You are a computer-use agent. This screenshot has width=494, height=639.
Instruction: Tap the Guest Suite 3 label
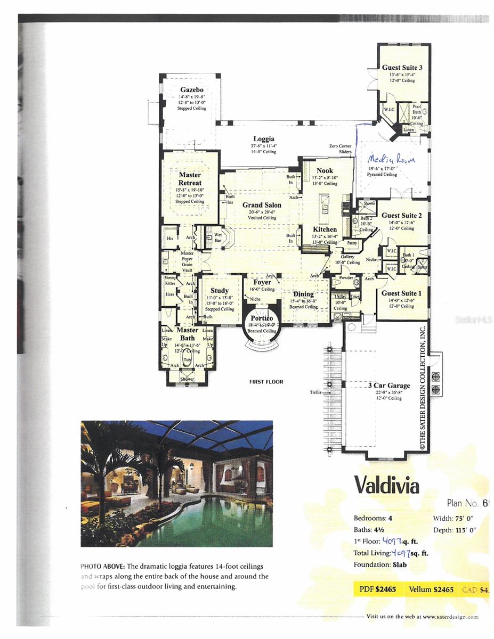402,68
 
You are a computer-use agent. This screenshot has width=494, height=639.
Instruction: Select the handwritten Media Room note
392,159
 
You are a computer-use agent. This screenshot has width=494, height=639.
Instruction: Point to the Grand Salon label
258,205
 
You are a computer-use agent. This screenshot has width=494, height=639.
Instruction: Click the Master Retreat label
190,179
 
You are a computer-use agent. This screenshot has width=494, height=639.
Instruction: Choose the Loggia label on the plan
264,139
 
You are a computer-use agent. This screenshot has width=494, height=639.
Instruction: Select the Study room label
220,291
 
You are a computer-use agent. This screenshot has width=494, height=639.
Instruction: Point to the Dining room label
303,294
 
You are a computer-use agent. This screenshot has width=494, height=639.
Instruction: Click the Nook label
325,171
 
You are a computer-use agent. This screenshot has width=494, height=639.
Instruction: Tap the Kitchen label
325,230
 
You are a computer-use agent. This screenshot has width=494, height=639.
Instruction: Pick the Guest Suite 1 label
402,293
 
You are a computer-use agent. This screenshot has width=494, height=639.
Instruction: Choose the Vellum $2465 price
431,589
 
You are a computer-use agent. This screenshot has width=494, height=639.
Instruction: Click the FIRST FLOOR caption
266,382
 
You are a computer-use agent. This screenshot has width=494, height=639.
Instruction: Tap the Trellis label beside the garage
317,392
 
